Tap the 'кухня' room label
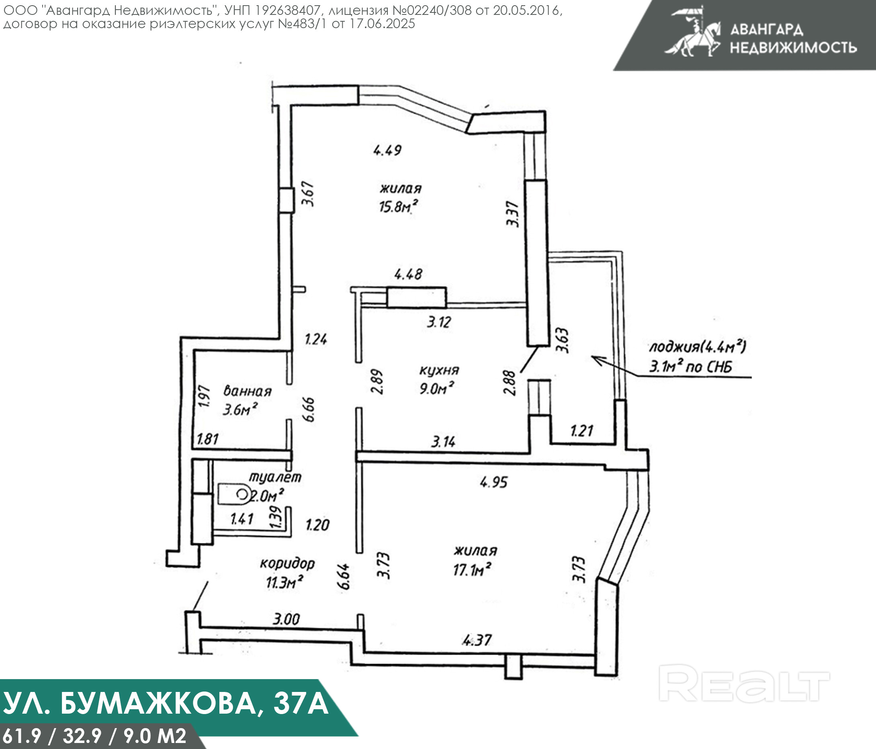click(439, 370)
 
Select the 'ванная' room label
click(247, 391)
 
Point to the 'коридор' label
click(287, 563)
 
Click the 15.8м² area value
click(398, 207)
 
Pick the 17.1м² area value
click(472, 570)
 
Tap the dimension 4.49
click(387, 150)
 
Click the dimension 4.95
click(494, 482)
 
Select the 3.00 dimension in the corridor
click(286, 619)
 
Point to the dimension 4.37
click(477, 641)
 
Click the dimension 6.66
click(309, 409)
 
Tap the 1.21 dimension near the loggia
click(582, 431)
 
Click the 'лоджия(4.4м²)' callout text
click(697, 347)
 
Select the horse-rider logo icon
click(693, 33)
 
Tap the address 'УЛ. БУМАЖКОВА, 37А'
click(166, 703)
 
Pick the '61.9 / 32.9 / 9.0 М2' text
click(94, 736)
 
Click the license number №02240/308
click(429, 10)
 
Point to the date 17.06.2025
click(382, 24)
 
